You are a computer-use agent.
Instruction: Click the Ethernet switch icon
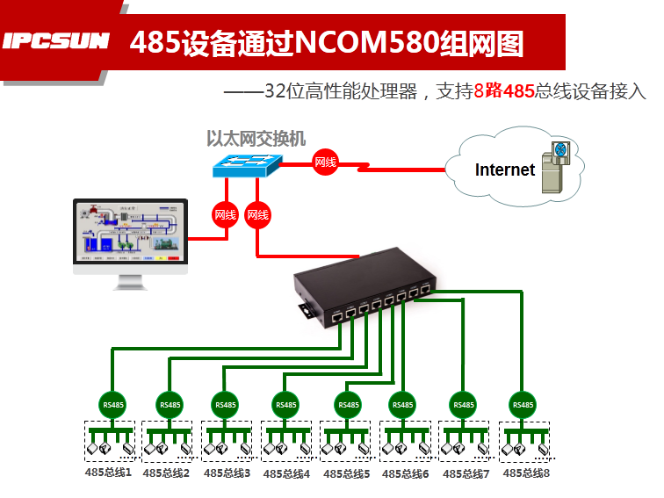(x=249, y=165)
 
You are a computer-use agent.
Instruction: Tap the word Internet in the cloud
(x=504, y=170)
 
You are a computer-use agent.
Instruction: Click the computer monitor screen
(x=130, y=233)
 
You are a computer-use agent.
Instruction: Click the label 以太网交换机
(x=256, y=138)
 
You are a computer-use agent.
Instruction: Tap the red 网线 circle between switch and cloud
(x=325, y=162)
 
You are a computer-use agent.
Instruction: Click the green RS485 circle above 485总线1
(x=113, y=405)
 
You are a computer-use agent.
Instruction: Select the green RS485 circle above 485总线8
(x=523, y=404)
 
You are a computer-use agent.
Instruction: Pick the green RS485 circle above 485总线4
(x=285, y=405)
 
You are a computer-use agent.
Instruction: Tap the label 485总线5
(x=346, y=473)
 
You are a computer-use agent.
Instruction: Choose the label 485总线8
(x=526, y=473)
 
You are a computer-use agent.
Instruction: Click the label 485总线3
(x=227, y=473)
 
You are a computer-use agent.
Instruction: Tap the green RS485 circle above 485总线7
(x=462, y=405)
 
